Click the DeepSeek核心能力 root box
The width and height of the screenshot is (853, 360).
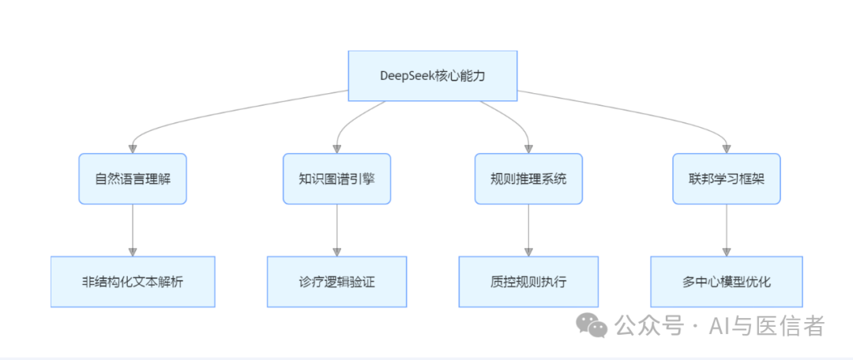point(433,76)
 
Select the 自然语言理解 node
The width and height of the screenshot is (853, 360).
point(132,178)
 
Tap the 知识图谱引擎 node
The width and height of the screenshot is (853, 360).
point(336,178)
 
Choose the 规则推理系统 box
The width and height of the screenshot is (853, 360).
point(528,178)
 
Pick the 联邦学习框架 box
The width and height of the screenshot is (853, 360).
point(726,178)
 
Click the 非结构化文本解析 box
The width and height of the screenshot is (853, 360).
point(132,281)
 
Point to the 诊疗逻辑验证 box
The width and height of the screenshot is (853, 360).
point(336,281)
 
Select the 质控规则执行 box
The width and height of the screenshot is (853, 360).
point(528,281)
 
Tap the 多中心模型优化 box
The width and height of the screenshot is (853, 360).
point(726,281)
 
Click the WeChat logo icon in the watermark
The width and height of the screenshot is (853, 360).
point(592,324)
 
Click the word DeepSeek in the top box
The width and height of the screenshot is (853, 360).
point(408,76)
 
